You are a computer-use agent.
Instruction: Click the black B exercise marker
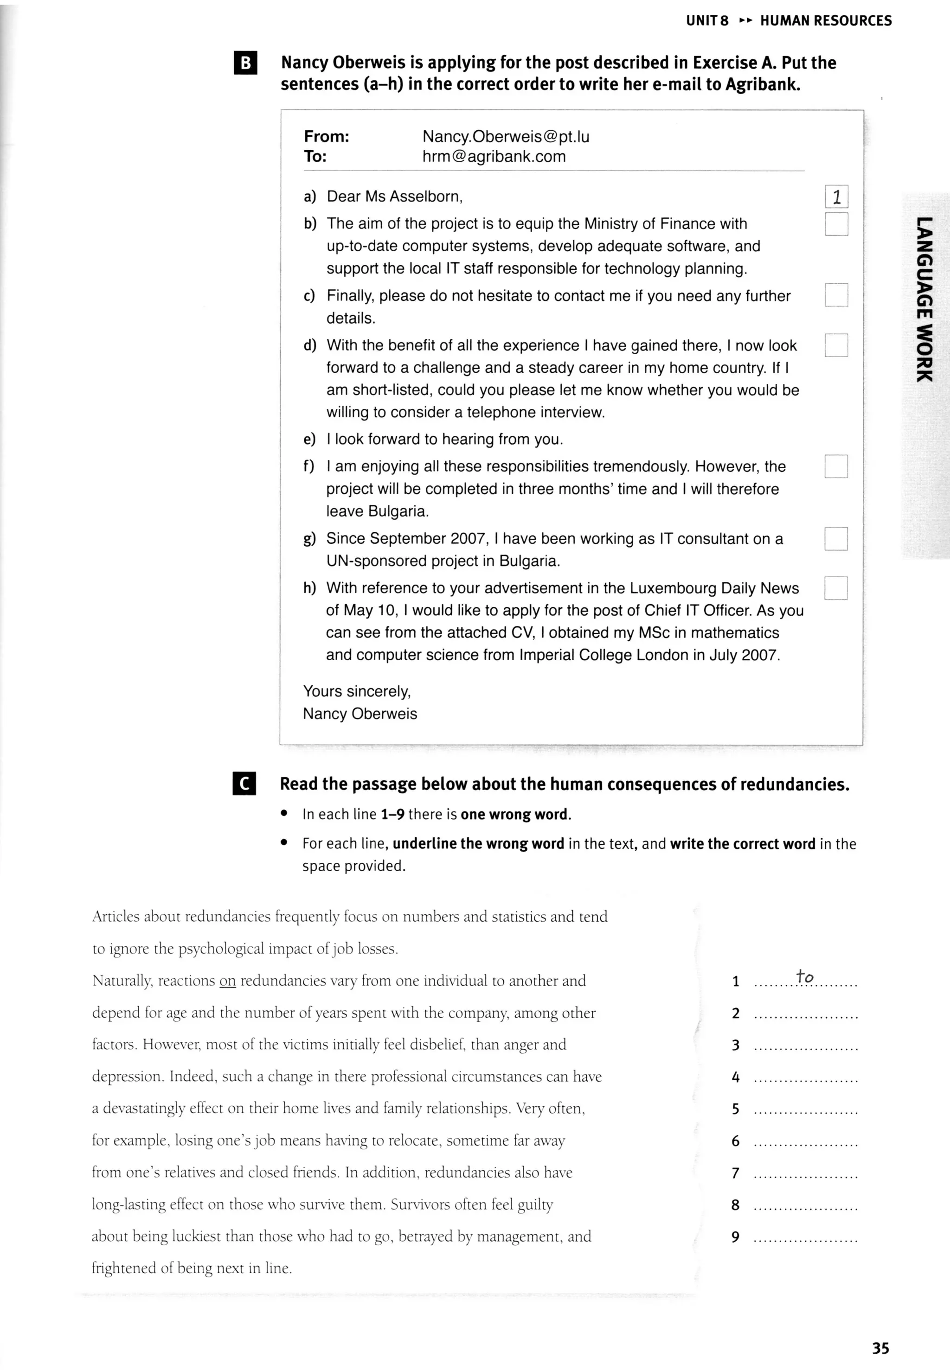pos(246,63)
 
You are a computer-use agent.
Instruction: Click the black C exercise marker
pos(244,784)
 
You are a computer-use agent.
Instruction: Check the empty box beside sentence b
pos(836,224)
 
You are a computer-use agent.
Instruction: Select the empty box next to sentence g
pos(836,539)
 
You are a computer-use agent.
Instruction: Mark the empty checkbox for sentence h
pos(836,588)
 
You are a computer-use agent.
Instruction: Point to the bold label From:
pos(326,137)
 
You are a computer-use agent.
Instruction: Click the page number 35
pos(880,1348)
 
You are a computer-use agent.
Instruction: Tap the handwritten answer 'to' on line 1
pos(805,977)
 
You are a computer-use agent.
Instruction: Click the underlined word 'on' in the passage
pos(227,981)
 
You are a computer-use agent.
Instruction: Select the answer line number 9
pos(736,1237)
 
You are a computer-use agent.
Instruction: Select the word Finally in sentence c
pos(351,296)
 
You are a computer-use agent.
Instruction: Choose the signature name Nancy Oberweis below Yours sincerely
pos(360,714)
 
